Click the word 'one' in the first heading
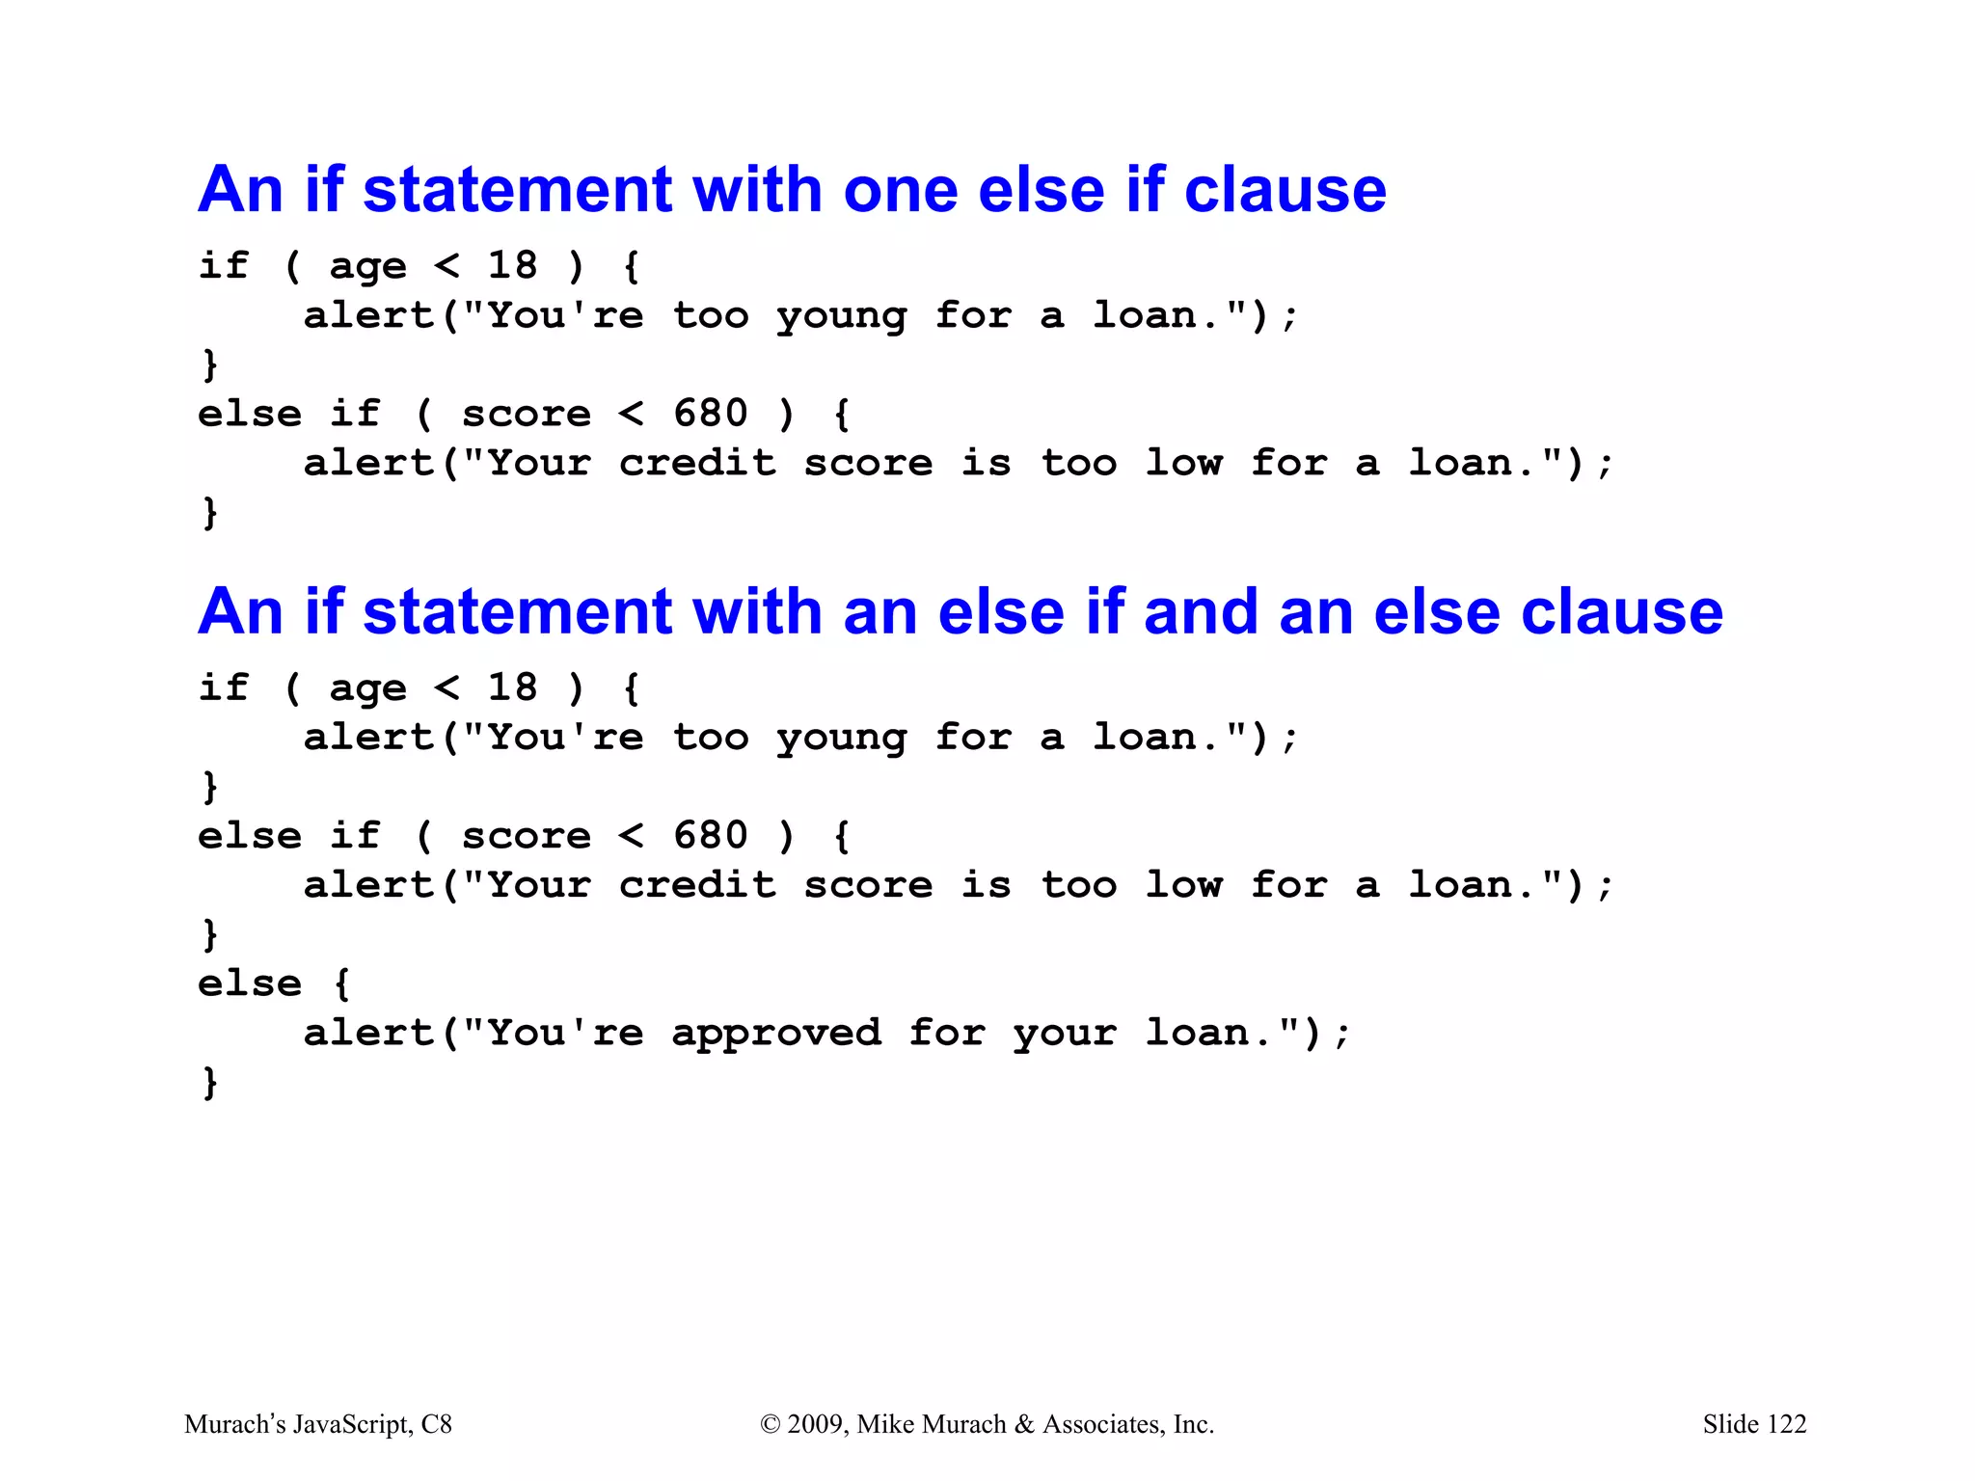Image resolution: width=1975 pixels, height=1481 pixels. point(902,190)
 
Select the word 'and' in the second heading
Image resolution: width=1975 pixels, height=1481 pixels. point(1201,612)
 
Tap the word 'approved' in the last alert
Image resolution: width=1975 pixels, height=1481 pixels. point(776,1035)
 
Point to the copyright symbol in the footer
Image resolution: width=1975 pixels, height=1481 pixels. point(770,1424)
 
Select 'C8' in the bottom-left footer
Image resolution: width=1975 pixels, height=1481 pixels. point(436,1424)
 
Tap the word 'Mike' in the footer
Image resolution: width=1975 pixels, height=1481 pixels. point(882,1424)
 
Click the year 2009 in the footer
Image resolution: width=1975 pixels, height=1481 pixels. point(817,1424)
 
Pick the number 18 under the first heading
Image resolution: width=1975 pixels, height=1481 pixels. point(512,265)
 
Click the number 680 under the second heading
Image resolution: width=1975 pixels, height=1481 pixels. point(710,836)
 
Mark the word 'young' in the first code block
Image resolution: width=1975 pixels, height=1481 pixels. point(842,317)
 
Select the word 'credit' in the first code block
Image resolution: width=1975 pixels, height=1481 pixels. point(697,464)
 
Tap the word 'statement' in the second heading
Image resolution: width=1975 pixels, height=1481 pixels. point(517,612)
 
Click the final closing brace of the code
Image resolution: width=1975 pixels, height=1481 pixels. point(209,1082)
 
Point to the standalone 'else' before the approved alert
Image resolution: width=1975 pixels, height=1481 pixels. point(250,984)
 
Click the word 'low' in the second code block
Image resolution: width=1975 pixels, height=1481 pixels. point(1183,886)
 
